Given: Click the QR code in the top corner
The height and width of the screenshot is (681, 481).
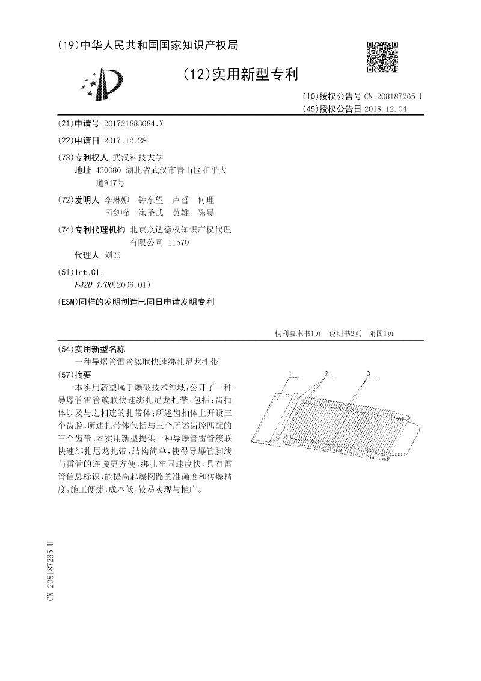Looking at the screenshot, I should click(x=382, y=57).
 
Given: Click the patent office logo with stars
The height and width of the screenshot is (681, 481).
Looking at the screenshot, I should click(x=103, y=85).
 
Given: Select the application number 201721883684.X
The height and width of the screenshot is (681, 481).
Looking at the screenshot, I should click(x=133, y=123).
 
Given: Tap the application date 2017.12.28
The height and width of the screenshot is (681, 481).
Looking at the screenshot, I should click(x=125, y=140).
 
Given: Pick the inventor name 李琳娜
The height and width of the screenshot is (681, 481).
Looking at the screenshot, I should click(x=117, y=199).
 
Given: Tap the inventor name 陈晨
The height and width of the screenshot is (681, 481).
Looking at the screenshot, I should click(x=206, y=213).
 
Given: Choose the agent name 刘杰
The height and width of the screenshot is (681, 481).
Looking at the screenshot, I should click(x=112, y=255).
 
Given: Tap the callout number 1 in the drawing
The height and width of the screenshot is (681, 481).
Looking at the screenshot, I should click(x=289, y=374).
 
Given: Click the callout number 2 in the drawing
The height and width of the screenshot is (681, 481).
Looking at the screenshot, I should click(x=326, y=374).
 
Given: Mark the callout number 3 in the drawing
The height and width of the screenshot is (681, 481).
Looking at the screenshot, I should click(x=368, y=374).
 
